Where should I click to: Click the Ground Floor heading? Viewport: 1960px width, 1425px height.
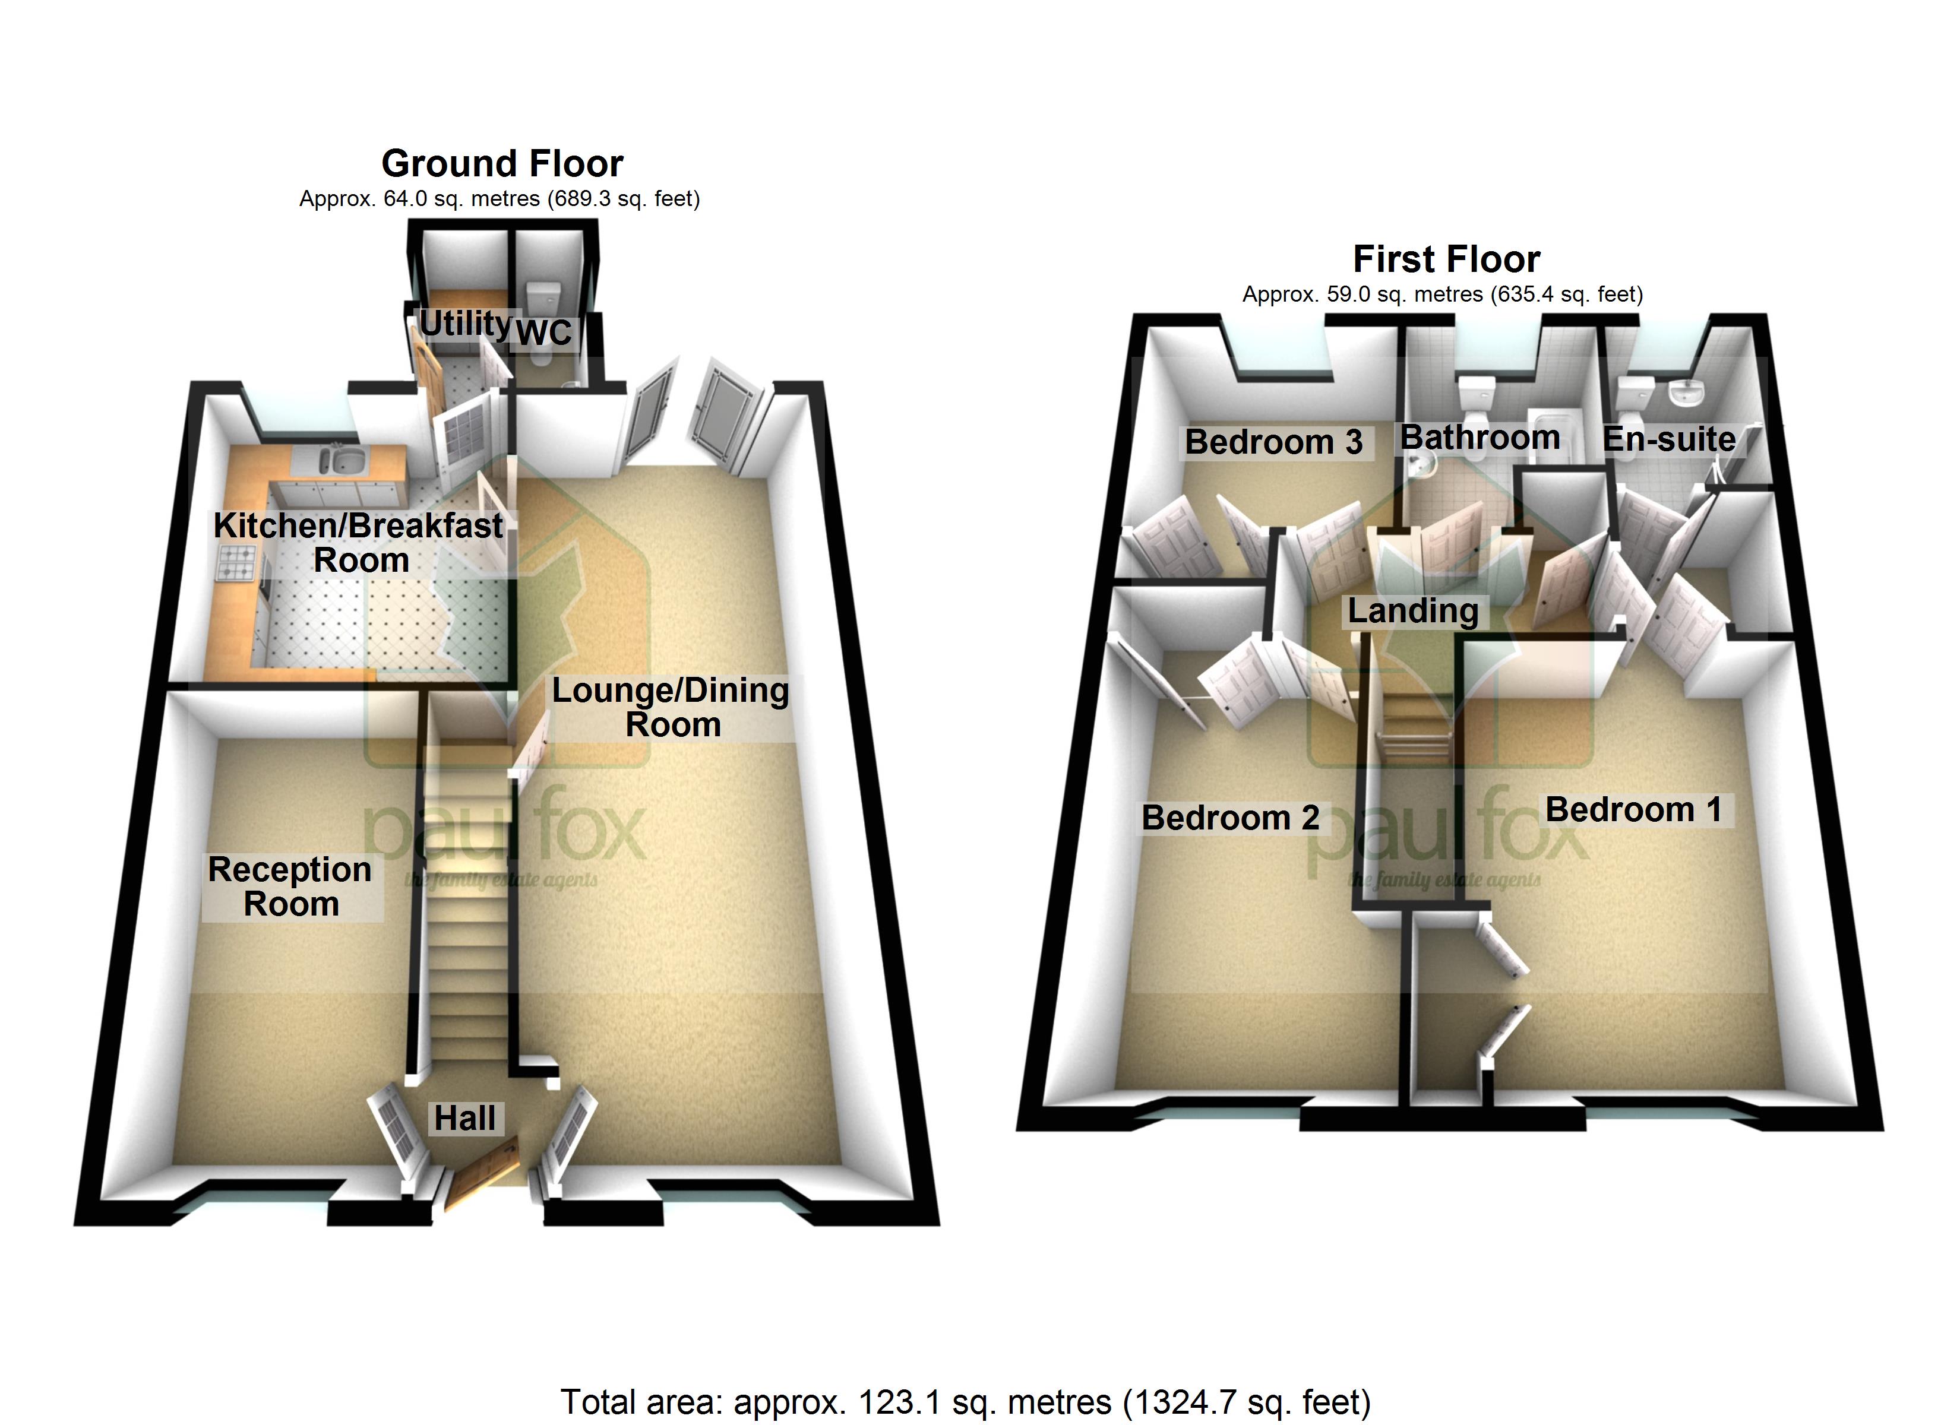(502, 163)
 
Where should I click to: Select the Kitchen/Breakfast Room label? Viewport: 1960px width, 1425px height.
(359, 543)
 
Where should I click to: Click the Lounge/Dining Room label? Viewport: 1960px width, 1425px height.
(672, 707)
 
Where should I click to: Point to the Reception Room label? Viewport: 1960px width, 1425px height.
(290, 886)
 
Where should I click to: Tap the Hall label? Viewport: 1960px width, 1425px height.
(465, 1118)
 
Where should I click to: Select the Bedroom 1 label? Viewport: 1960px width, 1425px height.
(1633, 810)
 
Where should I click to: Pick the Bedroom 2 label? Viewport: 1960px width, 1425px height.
(1230, 818)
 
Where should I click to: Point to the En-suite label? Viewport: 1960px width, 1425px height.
(1669, 439)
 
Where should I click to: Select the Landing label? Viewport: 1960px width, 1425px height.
(1413, 611)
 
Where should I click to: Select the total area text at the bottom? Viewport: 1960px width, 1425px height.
(965, 1402)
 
